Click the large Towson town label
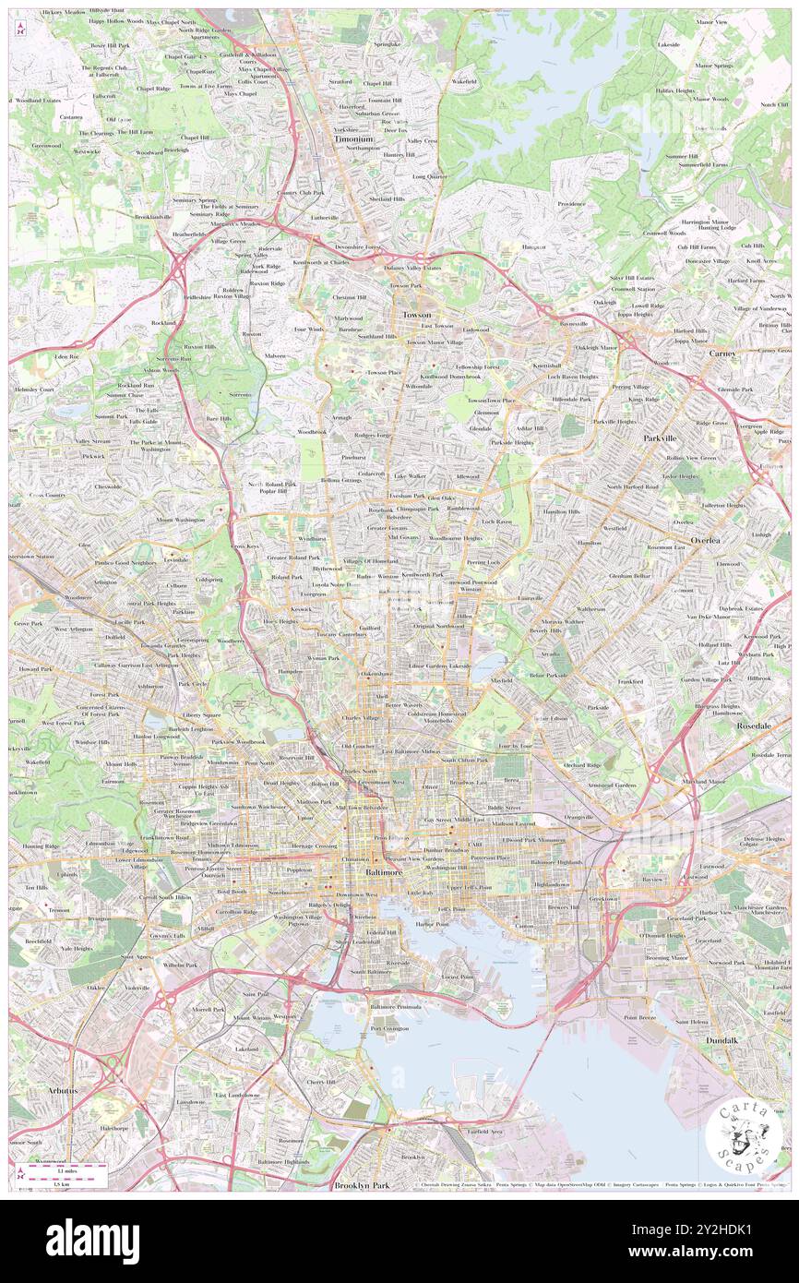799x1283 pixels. click(416, 315)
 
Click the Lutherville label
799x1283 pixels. click(325, 217)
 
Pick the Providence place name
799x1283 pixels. click(571, 204)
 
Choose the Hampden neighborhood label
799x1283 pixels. click(291, 671)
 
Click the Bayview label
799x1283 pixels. click(653, 880)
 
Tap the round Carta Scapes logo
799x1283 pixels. click(743, 1136)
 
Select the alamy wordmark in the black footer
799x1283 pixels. click(92, 1241)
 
